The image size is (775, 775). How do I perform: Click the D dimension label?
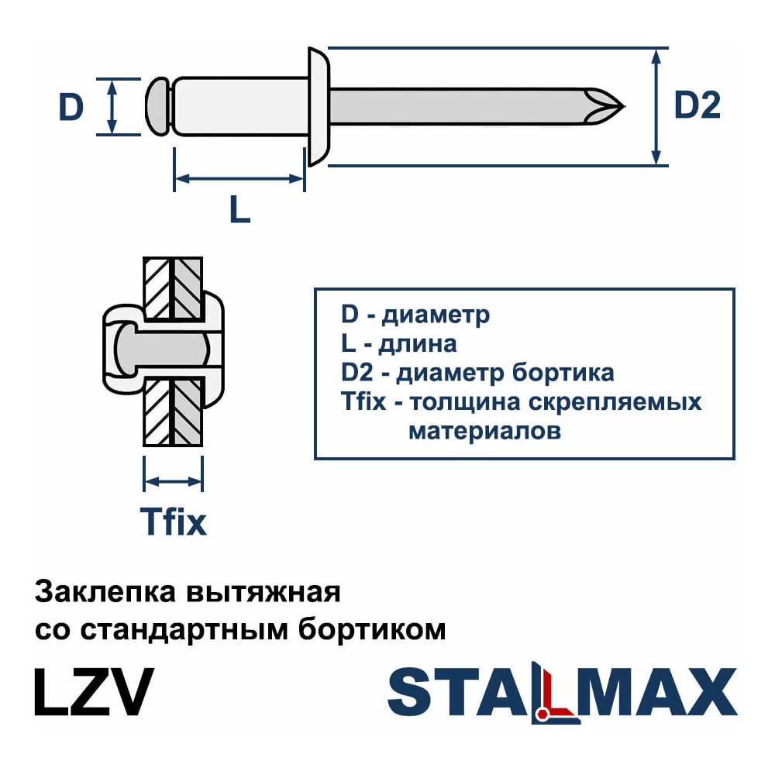pyautogui.click(x=71, y=107)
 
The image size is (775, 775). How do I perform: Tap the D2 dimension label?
pyautogui.click(x=697, y=106)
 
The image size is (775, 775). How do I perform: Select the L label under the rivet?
pyautogui.click(x=240, y=208)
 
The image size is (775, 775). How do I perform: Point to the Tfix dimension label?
pyautogui.click(x=173, y=522)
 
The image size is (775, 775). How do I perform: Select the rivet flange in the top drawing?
pyautogui.click(x=319, y=106)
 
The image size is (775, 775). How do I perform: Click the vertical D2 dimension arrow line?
pyautogui.click(x=657, y=106)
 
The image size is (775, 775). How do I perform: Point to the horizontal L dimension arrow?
pyautogui.click(x=239, y=179)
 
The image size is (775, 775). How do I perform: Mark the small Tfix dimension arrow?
pyautogui.click(x=174, y=481)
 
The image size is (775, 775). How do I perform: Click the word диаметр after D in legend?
pyautogui.click(x=436, y=315)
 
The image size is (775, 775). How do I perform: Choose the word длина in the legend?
pyautogui.click(x=419, y=343)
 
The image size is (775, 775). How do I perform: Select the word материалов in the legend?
pyautogui.click(x=484, y=431)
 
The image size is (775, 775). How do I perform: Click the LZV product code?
pyautogui.click(x=94, y=691)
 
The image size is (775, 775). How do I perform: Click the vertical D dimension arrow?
pyautogui.click(x=112, y=106)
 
